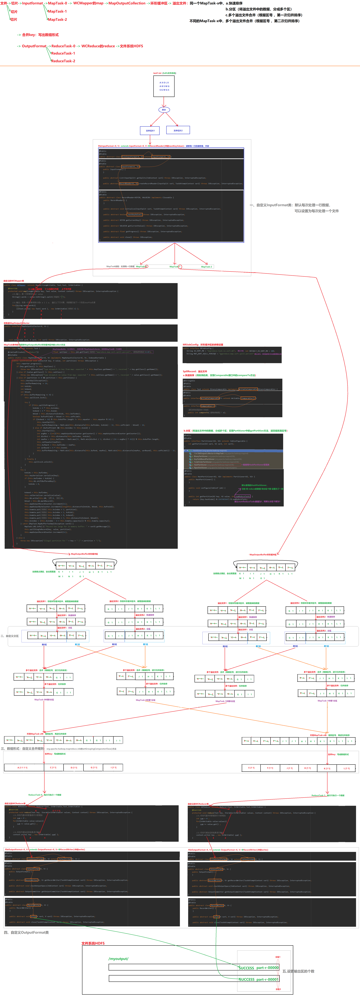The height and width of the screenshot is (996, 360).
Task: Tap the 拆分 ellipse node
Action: pyautogui.click(x=164, y=110)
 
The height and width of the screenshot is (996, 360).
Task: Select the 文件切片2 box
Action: pyautogui.click(x=178, y=130)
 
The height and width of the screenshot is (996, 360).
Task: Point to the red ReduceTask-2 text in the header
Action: pyautogui.click(x=63, y=61)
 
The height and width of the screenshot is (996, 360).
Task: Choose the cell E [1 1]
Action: pyautogui.click(x=251, y=767)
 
